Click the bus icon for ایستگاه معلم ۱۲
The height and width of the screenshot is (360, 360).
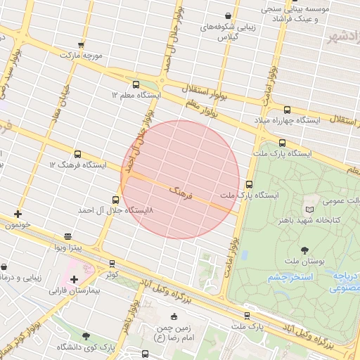coord(136,84)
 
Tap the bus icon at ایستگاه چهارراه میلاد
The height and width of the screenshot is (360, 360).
coord(287,110)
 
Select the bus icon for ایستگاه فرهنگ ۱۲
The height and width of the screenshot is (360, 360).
coord(77,154)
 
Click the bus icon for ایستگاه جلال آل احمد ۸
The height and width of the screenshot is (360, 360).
coord(116,200)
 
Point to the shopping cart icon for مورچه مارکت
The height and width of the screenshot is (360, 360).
coord(83,44)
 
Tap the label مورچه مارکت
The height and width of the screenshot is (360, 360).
coord(82,55)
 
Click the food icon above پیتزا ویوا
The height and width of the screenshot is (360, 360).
coord(67,237)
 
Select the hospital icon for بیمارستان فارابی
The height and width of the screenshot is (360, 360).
coord(74,279)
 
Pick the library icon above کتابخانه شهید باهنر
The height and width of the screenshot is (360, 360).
coord(309,210)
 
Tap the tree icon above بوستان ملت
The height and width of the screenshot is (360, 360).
coord(304,250)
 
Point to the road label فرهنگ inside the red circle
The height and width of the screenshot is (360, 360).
coord(181,191)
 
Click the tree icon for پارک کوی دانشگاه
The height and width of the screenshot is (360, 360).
coord(86,337)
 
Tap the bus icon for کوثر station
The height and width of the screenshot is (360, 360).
coord(112,264)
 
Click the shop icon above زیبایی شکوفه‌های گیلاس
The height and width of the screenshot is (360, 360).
coord(228,15)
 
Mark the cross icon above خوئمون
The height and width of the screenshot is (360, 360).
coord(18,214)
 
